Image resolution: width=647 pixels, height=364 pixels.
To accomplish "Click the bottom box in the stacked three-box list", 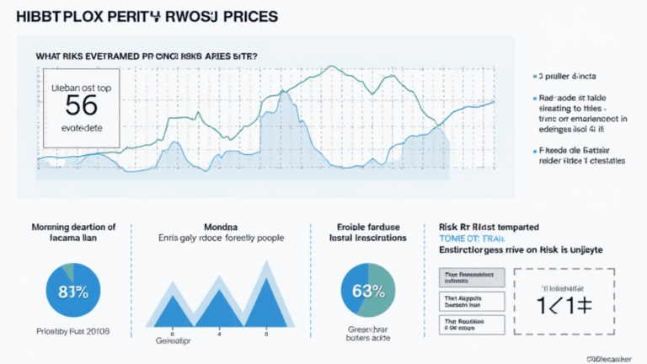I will [472, 324].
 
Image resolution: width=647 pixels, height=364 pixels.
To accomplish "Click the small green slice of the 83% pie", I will [66, 271].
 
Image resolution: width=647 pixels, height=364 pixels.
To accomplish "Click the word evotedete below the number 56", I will [83, 131].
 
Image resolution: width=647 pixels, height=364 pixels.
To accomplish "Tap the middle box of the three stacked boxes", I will [472, 302].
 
